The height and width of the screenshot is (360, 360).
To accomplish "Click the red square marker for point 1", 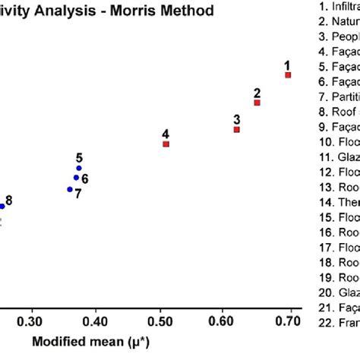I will (288, 96).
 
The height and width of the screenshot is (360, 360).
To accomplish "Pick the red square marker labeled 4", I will (166, 144).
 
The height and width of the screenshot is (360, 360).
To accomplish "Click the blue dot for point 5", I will (79, 168).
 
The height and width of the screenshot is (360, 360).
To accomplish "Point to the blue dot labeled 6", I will (76, 178).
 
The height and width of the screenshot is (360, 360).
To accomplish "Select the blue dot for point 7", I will (70, 189).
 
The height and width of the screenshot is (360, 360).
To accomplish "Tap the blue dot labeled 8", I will (2, 206).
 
